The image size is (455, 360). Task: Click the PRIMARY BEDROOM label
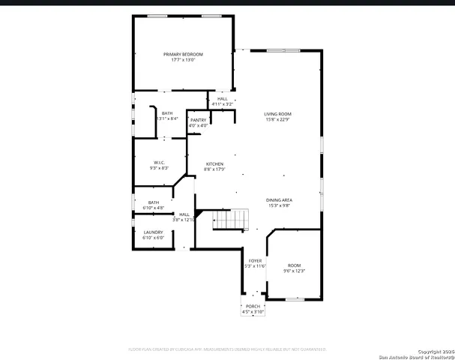pyautogui.click(x=184, y=54)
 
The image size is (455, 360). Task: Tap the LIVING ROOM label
pyautogui.click(x=277, y=113)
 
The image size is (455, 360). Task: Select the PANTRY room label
pyautogui.click(x=198, y=120)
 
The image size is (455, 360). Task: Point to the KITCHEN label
pyautogui.click(x=214, y=164)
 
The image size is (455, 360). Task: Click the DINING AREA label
pyautogui.click(x=279, y=200)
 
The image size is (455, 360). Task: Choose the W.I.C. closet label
pyautogui.click(x=159, y=162)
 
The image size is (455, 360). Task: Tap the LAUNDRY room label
pyautogui.click(x=153, y=232)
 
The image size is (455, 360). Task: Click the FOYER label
pyautogui.click(x=256, y=260)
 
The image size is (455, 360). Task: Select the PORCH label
pyautogui.click(x=252, y=306)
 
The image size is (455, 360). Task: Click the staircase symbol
pyautogui.click(x=230, y=219)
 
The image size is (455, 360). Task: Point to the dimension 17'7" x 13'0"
pyautogui.click(x=184, y=60)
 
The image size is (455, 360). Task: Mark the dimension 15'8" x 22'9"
pyautogui.click(x=277, y=118)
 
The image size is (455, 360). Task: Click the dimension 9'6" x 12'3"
pyautogui.click(x=295, y=271)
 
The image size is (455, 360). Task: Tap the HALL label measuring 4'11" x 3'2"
pyautogui.click(x=223, y=99)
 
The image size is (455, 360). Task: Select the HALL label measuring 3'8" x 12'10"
pyautogui.click(x=184, y=214)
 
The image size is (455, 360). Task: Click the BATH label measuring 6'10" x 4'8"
pyautogui.click(x=153, y=202)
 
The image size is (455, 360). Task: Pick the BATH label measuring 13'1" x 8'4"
pyautogui.click(x=166, y=113)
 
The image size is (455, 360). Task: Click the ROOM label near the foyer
pyautogui.click(x=295, y=265)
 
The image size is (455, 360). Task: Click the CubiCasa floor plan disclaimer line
pyautogui.click(x=226, y=349)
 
